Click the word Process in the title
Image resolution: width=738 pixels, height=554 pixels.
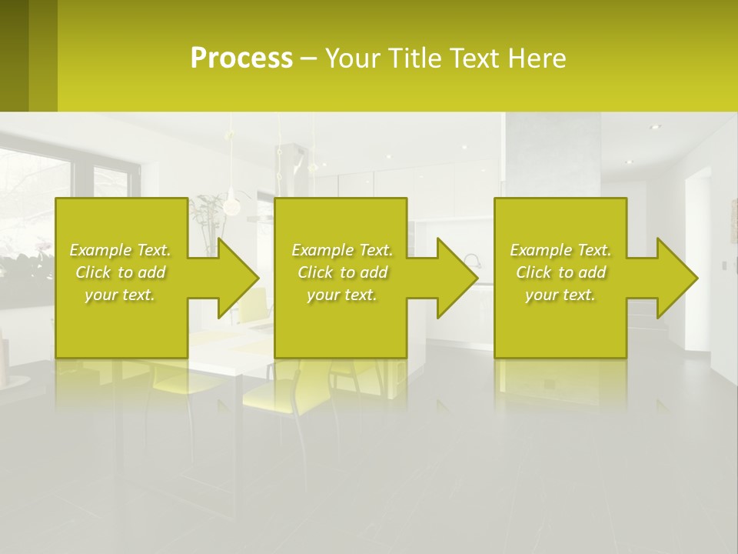(241, 58)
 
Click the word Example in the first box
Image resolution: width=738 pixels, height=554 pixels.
(101, 250)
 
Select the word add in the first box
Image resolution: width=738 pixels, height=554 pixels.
(151, 272)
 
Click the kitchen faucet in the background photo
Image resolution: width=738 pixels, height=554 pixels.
(470, 262)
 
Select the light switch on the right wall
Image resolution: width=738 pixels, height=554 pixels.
(723, 265)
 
